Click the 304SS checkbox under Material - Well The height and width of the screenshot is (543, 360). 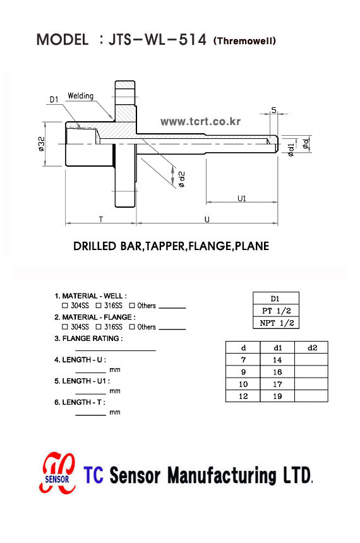[x=65, y=306]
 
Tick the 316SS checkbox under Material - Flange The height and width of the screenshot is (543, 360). [x=99, y=326]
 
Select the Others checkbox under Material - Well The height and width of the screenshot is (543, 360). [x=131, y=306]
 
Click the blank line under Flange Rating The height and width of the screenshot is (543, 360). [x=116, y=350]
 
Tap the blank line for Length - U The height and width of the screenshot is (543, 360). [x=90, y=373]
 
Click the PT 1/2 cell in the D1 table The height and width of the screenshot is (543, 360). [x=276, y=311]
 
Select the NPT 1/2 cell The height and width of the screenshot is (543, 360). [x=276, y=323]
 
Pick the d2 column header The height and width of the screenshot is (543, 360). [x=311, y=347]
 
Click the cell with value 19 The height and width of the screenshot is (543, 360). [x=277, y=396]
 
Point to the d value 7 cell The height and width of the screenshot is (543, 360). [x=243, y=360]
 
